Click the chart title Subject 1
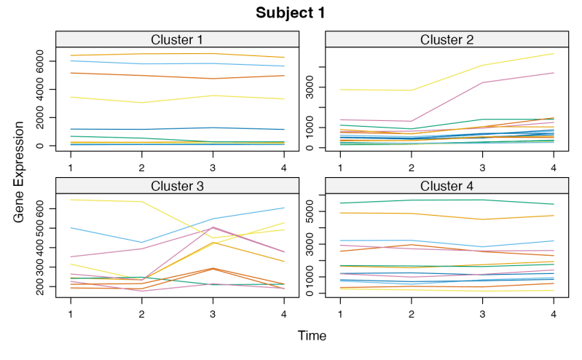tap(290, 13)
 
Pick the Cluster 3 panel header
tap(177, 186)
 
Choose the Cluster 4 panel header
tap(447, 186)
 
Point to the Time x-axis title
tap(312, 336)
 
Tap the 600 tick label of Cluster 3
tap(49, 208)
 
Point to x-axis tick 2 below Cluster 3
tap(142, 313)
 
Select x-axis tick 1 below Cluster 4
tap(340, 313)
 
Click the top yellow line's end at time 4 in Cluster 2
tap(553, 54)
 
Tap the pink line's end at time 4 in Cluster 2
tap(553, 73)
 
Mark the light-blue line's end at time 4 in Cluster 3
tap(283, 208)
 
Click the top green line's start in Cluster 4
tap(341, 203)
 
